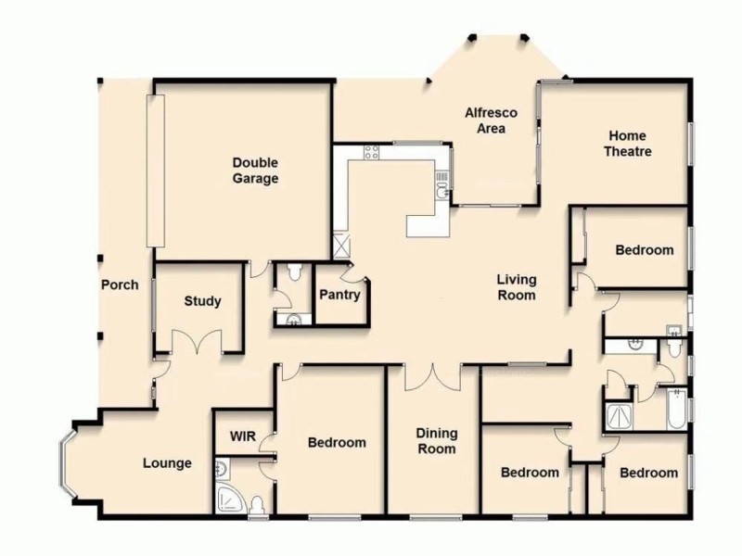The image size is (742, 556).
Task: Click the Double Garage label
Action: [255, 171]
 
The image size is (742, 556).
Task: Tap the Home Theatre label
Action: [628, 144]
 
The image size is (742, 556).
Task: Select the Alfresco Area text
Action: [491, 121]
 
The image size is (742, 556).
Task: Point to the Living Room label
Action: [517, 287]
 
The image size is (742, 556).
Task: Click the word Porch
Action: [120, 284]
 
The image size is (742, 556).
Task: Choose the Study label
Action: [201, 301]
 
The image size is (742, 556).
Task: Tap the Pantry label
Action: [339, 295]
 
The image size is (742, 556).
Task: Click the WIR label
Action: [242, 436]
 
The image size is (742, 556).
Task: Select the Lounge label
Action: [167, 463]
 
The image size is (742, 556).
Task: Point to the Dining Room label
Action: [435, 440]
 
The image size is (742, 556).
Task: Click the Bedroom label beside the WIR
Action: [337, 443]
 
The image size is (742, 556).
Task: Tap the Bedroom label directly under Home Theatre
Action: [645, 250]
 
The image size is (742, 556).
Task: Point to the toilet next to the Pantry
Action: [295, 272]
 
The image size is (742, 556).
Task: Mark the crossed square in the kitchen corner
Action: [341, 246]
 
